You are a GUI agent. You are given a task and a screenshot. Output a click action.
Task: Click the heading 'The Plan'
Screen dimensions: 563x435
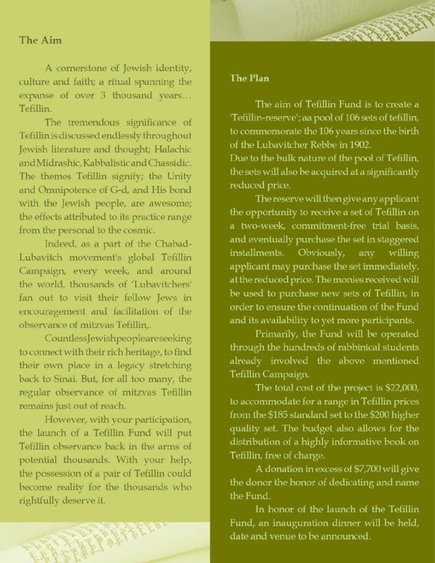click(250, 78)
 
